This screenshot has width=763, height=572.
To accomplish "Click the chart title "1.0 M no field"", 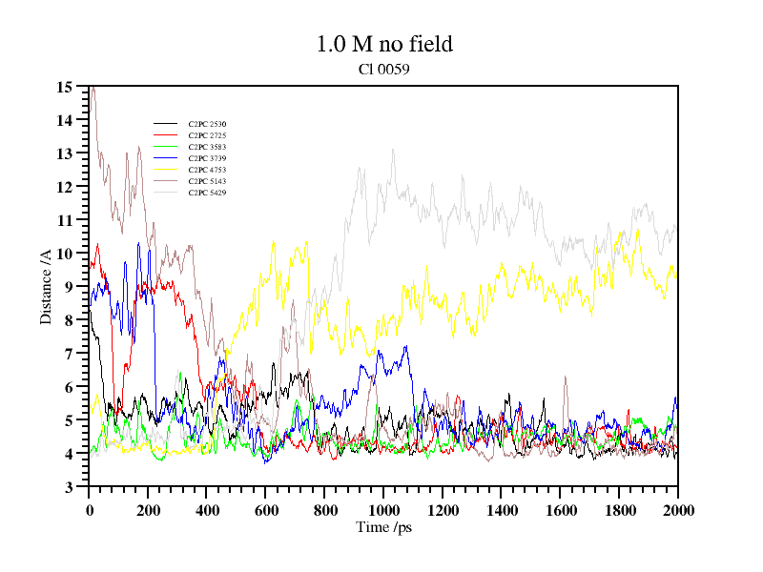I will pyautogui.click(x=383, y=44).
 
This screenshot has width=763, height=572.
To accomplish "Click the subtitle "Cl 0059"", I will pyautogui.click(x=383, y=70).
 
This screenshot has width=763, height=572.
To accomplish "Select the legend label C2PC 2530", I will pyautogui.click(x=207, y=124).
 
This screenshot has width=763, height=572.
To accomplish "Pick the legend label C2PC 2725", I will pyautogui.click(x=207, y=135).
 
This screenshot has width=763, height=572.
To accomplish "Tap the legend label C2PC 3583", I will pyautogui.click(x=207, y=147).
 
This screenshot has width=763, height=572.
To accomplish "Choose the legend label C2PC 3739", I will pyautogui.click(x=207, y=158).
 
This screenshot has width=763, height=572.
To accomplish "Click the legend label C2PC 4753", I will pyautogui.click(x=207, y=170).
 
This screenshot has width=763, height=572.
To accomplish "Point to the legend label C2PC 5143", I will pyautogui.click(x=207, y=181).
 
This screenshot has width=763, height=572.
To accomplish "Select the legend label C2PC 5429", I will pyautogui.click(x=207, y=193).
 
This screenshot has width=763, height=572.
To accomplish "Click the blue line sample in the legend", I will pyautogui.click(x=166, y=147).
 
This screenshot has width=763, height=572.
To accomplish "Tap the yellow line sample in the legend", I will pyautogui.click(x=166, y=170).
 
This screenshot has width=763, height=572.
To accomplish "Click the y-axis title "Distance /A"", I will pyautogui.click(x=46, y=287).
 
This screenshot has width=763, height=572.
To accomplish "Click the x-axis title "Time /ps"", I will pyautogui.click(x=383, y=527).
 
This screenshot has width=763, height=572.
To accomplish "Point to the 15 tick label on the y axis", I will pyautogui.click(x=65, y=88).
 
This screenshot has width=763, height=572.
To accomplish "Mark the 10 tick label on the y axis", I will pyautogui.click(x=65, y=254).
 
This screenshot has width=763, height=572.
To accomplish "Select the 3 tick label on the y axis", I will pyautogui.click(x=69, y=487).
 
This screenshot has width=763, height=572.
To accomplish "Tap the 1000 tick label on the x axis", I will pyautogui.click(x=383, y=510).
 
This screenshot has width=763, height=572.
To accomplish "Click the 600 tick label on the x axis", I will pyautogui.click(x=265, y=510).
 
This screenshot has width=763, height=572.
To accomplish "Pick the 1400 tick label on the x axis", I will pyautogui.click(x=502, y=510).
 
